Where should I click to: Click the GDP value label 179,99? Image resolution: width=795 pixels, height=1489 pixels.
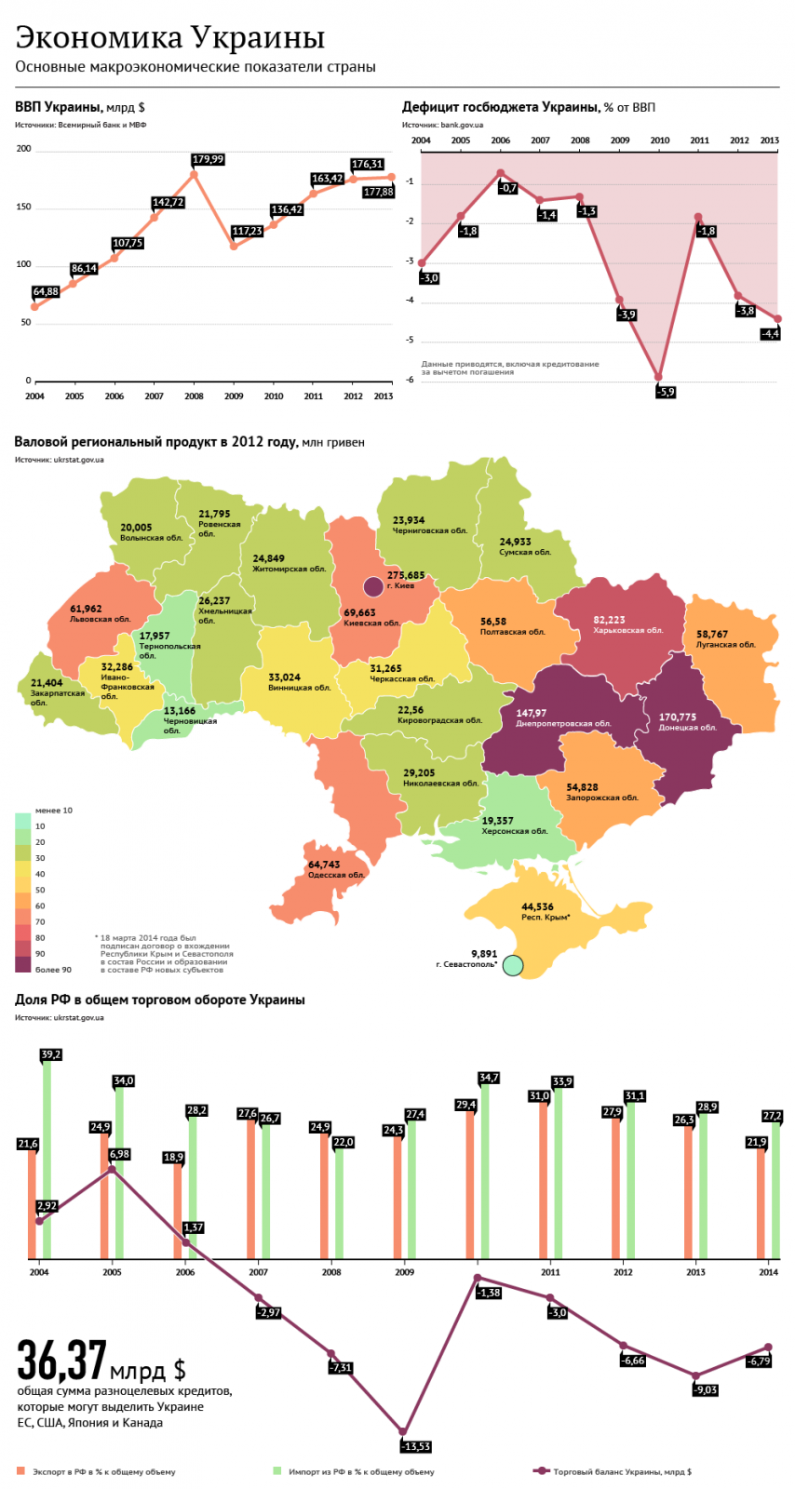(x=208, y=159)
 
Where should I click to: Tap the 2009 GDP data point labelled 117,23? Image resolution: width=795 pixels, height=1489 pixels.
(x=234, y=247)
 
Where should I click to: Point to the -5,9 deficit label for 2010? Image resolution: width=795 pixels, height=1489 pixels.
(x=666, y=392)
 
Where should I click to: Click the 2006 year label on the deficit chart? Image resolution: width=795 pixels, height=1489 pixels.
(x=500, y=141)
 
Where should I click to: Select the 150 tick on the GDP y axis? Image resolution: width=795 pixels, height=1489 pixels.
(x=23, y=207)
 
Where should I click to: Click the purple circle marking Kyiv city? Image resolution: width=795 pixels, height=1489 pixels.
(x=373, y=585)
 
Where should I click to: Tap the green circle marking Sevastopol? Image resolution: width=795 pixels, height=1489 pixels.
(x=513, y=966)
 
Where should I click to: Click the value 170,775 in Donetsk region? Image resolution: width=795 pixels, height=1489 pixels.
(x=678, y=717)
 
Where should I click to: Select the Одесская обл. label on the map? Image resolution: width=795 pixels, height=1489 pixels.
(x=336, y=875)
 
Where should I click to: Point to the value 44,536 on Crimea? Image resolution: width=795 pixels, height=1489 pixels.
(x=537, y=906)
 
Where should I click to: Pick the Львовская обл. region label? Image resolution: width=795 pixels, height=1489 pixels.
(x=101, y=619)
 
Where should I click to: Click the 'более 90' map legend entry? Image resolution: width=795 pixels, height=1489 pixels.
(x=53, y=970)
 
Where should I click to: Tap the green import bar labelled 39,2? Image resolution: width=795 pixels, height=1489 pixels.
(x=47, y=1159)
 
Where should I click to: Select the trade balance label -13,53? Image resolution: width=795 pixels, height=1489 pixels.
(x=415, y=1446)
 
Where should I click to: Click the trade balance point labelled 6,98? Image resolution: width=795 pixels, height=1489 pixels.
(x=112, y=1170)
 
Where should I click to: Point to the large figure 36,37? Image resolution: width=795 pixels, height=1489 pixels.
(x=61, y=1361)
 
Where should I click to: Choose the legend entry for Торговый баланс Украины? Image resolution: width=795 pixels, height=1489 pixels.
(x=622, y=1471)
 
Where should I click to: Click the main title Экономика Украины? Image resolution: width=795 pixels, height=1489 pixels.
(x=170, y=37)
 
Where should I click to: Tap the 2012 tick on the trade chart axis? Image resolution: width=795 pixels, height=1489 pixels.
(x=623, y=1272)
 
